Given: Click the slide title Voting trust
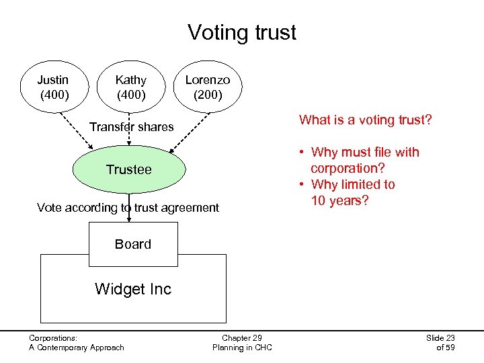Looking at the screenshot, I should pos(241,32).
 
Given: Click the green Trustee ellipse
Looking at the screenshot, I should pos(129,169).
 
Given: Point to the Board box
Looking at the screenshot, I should pos(133,244).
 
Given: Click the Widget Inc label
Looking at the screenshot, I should pos(133,289).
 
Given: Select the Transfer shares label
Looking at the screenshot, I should pos(131,126).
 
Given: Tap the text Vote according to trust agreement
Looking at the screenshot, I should pos(128,207).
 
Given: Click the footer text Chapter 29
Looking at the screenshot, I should pos(242,337).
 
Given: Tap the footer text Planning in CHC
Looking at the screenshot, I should pos(242,348).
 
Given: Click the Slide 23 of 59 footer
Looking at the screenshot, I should pos(440,342).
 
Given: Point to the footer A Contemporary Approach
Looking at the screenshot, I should pos(76,348).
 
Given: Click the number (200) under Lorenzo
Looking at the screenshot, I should pos(208,95).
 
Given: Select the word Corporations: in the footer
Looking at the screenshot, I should pos(53,337).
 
